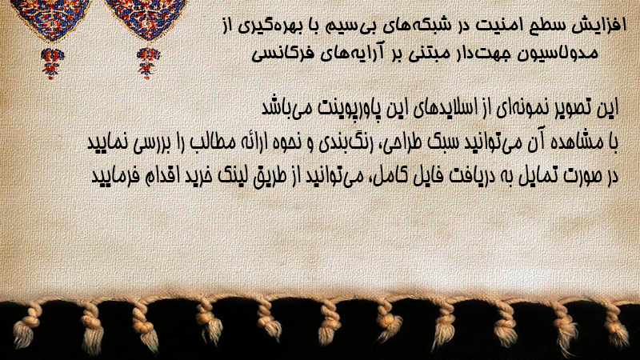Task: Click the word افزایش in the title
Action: coord(592,26)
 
